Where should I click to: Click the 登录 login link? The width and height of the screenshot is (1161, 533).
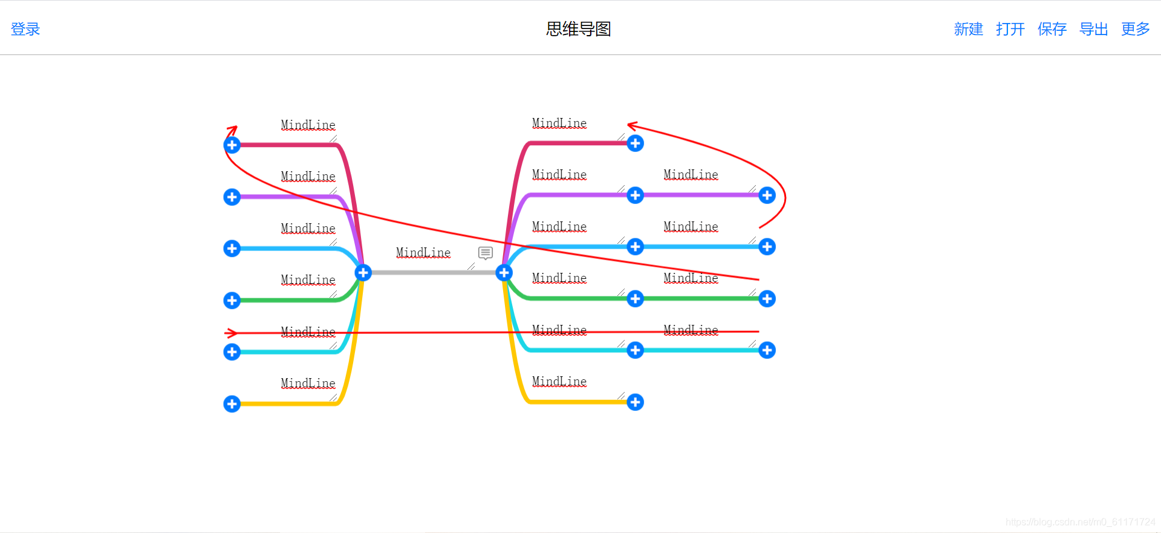pos(25,29)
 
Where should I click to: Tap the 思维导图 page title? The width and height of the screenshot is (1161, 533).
pos(578,29)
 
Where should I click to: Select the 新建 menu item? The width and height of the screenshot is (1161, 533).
pos(968,29)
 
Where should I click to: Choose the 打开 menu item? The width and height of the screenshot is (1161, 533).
pos(1010,29)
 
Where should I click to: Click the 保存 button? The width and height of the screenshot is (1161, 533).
pos(1052,29)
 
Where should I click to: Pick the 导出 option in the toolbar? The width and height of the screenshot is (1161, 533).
pos(1093,29)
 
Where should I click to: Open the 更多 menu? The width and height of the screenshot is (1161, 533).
pos(1135,29)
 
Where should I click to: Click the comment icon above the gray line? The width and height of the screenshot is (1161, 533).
pos(486,253)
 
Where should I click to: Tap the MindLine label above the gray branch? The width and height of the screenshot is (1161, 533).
pos(423,253)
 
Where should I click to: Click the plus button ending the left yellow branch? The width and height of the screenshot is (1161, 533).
pos(232,404)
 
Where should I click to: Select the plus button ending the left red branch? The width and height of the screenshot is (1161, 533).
pos(232,145)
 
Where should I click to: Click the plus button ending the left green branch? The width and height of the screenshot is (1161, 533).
pos(232,300)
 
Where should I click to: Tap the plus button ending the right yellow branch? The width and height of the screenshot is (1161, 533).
pos(635,402)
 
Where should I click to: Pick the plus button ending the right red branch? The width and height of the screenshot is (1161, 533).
pos(635,143)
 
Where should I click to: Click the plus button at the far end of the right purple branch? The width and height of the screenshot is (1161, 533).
pos(767,195)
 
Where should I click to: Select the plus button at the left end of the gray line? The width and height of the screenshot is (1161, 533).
pos(363,273)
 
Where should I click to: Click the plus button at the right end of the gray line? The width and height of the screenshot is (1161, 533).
pos(504,273)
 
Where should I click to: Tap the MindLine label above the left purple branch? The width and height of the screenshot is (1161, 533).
pos(308,177)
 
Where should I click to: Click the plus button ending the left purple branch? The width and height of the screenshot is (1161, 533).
pos(232,197)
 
